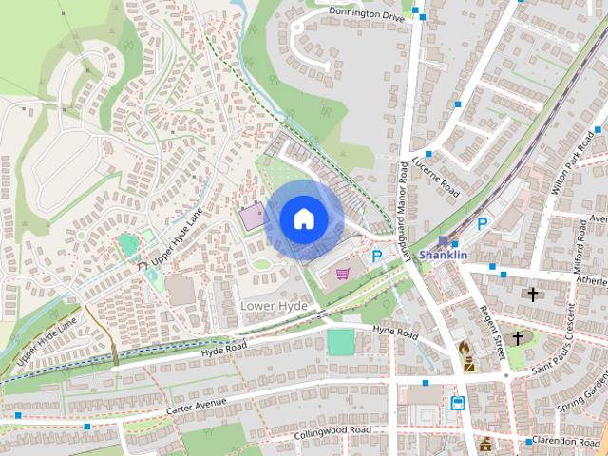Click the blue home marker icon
coord(304,218)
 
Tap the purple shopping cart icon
coord(342,274)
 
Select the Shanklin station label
coord(444,255)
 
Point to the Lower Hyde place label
coord(274,306)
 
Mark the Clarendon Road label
coord(568,442)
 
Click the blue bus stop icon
coord(457,403)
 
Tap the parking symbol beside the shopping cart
coord(377,256)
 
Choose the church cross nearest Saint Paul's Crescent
coord(518,337)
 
